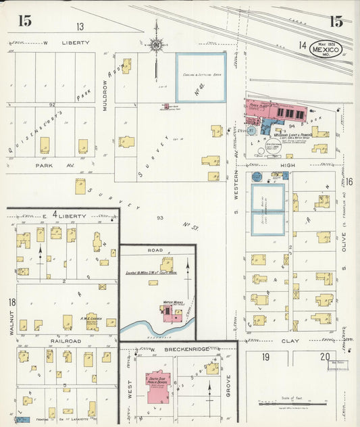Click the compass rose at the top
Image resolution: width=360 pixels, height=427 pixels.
[x=157, y=46]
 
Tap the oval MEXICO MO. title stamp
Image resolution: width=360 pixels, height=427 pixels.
[x=326, y=49]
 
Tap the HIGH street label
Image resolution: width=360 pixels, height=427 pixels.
[x=288, y=165]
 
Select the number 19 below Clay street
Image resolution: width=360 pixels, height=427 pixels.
[x=267, y=357]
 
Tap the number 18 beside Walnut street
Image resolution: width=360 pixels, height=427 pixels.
[x=12, y=303]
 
